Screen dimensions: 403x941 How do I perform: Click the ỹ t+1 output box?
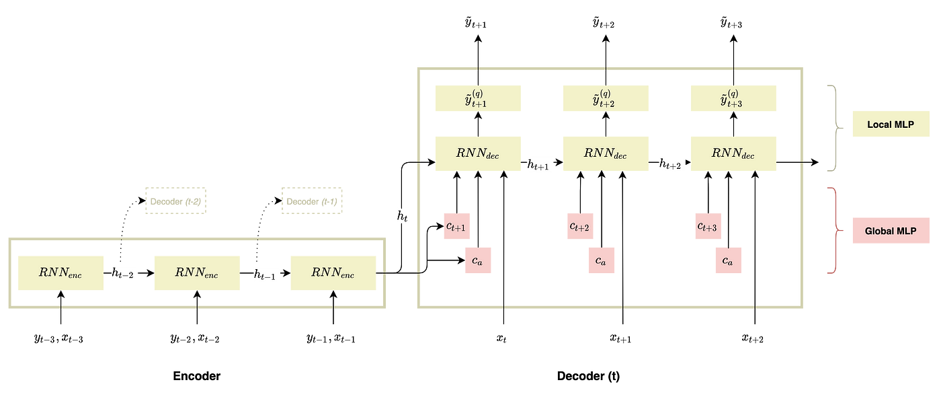point(477,98)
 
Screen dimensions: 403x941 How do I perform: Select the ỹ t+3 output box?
point(733,98)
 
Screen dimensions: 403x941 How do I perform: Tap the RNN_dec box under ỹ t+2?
point(606,153)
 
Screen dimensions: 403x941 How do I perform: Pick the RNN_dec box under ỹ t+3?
point(733,153)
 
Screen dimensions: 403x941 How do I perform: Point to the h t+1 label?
point(540,164)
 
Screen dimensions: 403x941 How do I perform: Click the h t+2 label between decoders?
point(673,164)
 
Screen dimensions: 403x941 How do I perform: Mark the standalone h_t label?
point(403,216)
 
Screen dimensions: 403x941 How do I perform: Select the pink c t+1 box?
point(456,226)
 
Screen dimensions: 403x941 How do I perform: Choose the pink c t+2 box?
point(580,226)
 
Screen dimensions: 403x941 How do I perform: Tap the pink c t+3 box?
point(708,226)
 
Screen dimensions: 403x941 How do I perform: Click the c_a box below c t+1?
point(478,260)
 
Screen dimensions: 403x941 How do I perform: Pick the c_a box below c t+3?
point(728,260)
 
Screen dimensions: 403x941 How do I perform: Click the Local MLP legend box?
point(891,124)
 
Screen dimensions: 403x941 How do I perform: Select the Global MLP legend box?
point(891,230)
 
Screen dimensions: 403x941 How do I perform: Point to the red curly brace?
point(833,230)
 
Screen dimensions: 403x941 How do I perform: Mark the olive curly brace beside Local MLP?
point(833,128)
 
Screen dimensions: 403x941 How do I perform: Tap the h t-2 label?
point(125,272)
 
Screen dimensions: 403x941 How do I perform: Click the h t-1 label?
point(267,273)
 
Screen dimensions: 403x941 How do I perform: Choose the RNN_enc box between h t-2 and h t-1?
point(197,272)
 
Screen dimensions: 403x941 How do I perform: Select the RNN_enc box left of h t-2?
point(60,272)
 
